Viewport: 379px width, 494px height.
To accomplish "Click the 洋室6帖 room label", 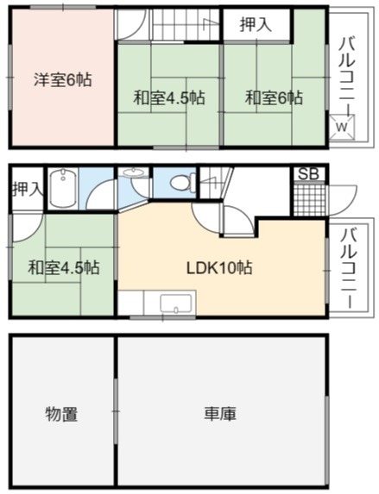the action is point(63,79).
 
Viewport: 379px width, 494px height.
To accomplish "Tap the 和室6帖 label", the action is point(274,97).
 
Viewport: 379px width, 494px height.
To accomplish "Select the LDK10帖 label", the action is point(219,268).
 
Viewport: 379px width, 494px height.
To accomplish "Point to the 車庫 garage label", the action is point(220,414).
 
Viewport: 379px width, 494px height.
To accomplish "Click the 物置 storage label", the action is point(62,414).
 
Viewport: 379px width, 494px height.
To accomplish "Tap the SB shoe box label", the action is point(308,174).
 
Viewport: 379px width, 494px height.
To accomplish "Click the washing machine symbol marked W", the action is point(342,128).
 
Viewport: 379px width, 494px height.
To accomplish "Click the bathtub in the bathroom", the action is point(63,189).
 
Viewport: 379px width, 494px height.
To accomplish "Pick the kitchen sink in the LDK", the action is point(176,303).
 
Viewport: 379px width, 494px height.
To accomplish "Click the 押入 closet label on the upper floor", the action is point(256,25).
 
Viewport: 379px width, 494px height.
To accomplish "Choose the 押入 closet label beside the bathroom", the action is point(27,189).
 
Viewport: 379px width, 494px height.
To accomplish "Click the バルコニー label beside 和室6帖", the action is point(348,75).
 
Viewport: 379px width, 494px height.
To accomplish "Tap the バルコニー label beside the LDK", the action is point(350,268).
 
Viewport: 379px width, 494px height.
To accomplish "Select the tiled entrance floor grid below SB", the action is point(309,199).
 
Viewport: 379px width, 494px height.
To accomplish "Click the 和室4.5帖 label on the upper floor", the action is point(169,97).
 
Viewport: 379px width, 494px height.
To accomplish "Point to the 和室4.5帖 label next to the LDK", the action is point(63,267).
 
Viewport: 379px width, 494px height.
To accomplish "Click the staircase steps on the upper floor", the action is point(186,25).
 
